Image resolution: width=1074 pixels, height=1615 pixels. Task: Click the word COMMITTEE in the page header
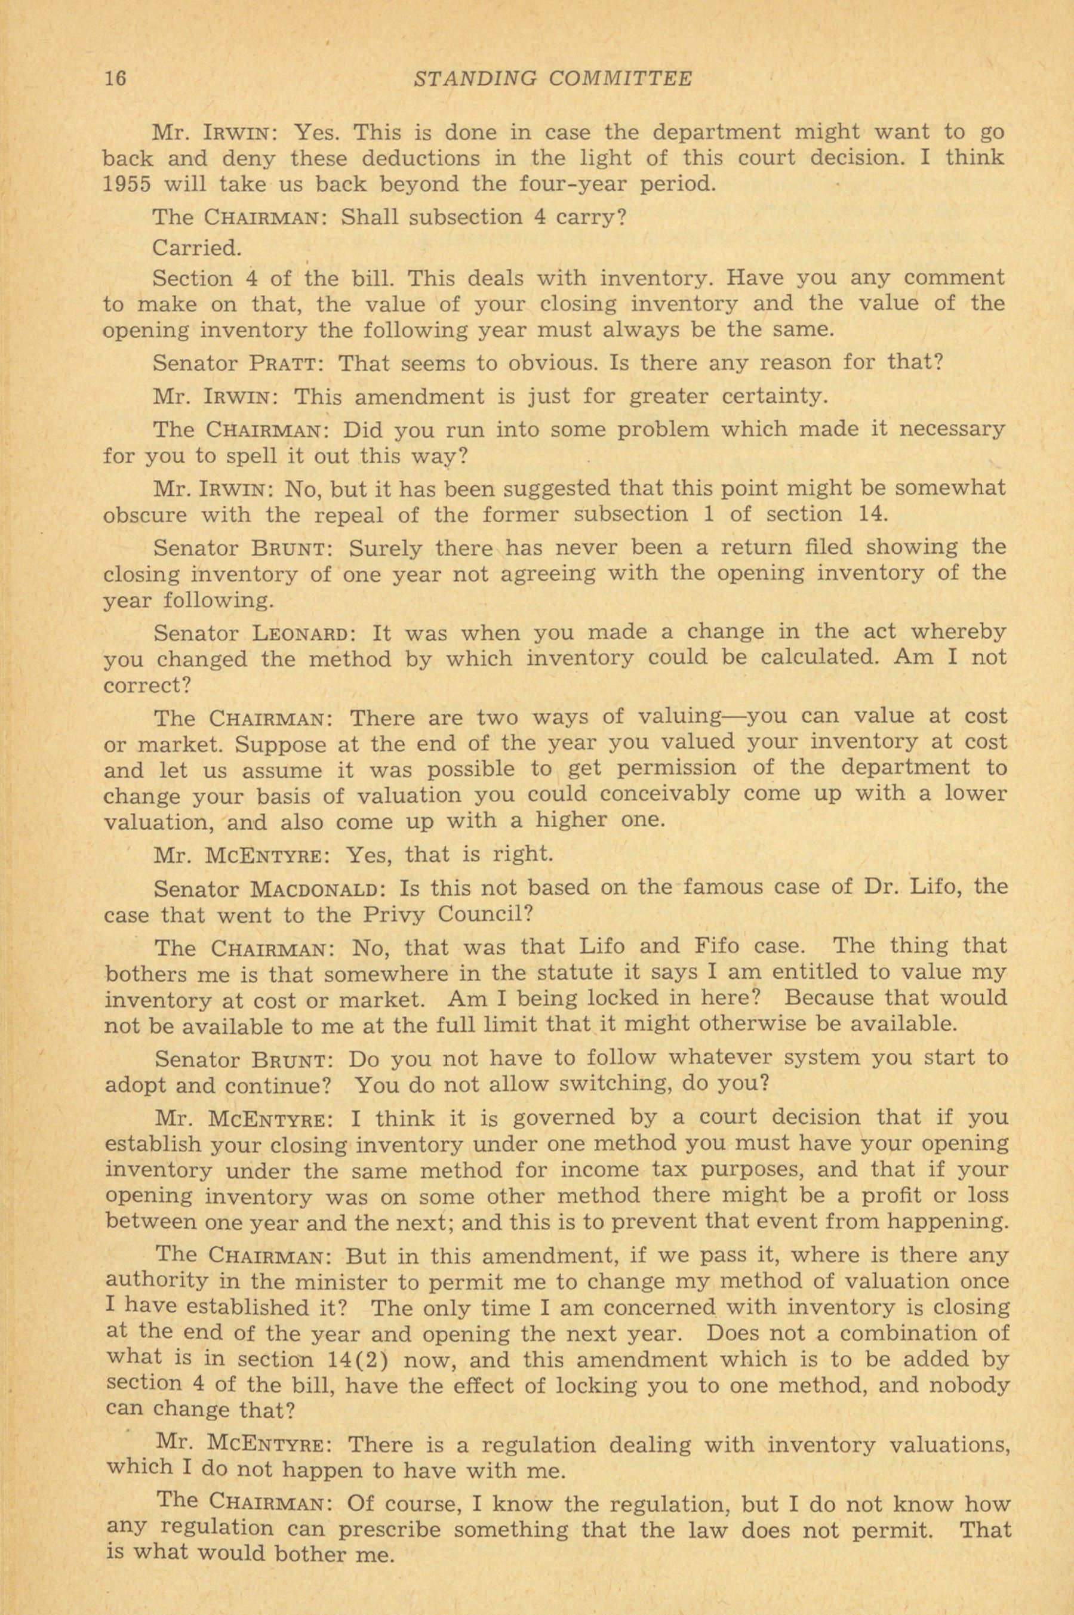click(x=622, y=78)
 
